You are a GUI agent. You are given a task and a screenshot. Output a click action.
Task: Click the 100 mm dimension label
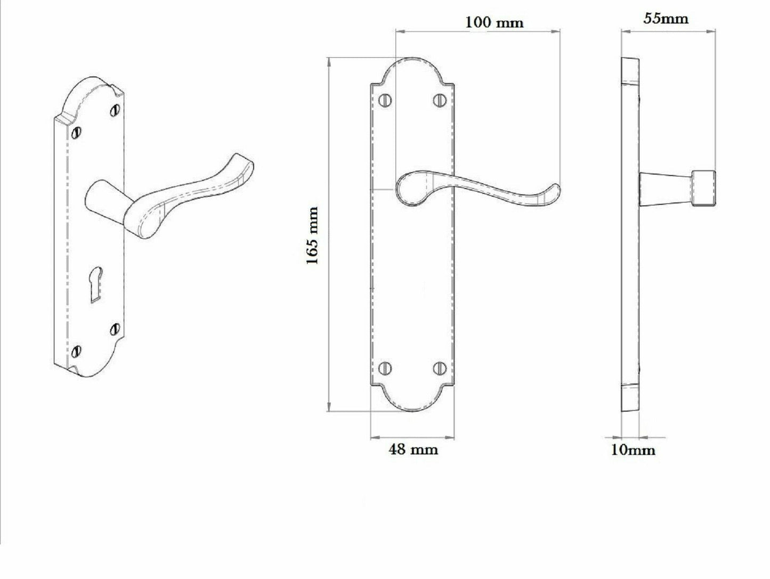click(x=495, y=22)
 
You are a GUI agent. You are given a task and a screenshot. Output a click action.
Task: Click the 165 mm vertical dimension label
click(x=313, y=236)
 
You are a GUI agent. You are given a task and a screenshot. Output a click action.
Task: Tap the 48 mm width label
click(x=414, y=450)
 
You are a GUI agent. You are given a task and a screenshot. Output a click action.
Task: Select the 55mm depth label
click(x=666, y=19)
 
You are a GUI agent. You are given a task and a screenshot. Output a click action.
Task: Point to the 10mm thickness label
click(x=633, y=450)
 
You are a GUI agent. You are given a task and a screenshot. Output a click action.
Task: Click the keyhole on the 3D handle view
click(x=95, y=285)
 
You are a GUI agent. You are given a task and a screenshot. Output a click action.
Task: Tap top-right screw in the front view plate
click(x=440, y=100)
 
